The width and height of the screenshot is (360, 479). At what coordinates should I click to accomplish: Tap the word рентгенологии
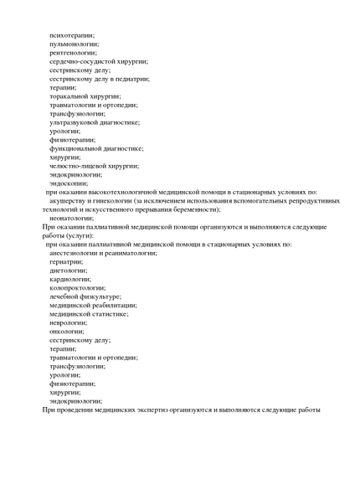(x=73, y=53)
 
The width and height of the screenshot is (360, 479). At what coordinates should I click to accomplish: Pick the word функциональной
(x=77, y=148)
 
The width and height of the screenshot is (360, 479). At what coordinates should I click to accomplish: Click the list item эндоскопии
(x=69, y=183)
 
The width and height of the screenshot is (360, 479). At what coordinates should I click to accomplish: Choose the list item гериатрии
(x=66, y=261)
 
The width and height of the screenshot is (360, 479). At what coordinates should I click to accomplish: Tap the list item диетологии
(x=68, y=270)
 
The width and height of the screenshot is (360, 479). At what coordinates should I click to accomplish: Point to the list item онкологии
(x=67, y=332)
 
